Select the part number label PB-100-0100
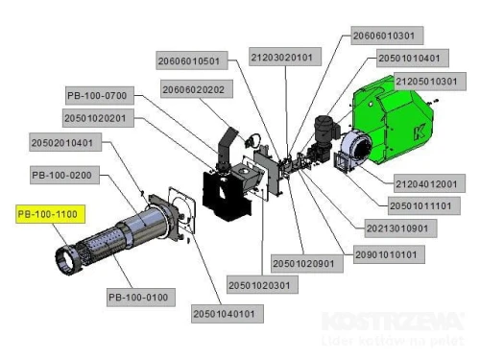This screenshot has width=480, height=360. [138, 297]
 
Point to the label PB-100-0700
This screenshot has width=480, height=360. [97, 96]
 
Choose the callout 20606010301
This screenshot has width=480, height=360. [383, 36]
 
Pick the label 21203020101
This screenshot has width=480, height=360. [281, 57]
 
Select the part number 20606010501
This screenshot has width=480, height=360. [189, 60]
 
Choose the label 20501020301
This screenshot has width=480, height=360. [260, 285]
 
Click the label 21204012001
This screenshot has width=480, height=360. [428, 182]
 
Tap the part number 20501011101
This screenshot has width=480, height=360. [425, 204]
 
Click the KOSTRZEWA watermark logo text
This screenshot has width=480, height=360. [393, 322]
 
